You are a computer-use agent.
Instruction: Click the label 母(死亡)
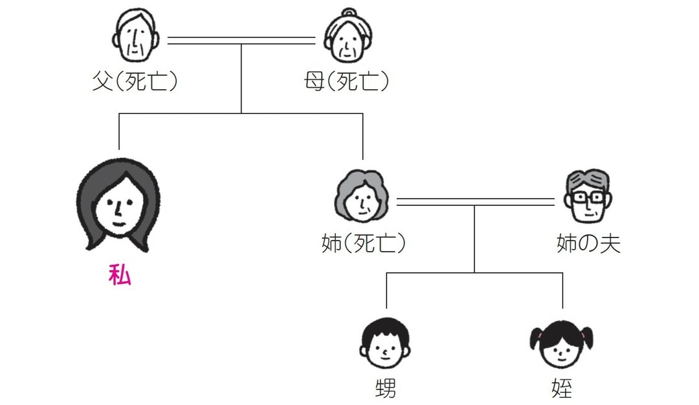click(346, 83)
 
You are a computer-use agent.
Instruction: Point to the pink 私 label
click(120, 276)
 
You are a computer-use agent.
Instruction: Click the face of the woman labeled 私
click(118, 206)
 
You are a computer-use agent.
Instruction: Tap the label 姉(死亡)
click(363, 244)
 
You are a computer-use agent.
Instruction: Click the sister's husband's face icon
click(587, 197)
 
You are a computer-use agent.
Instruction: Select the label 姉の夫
click(588, 244)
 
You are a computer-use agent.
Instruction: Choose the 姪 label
click(561, 389)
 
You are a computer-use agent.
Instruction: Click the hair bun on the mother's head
click(349, 14)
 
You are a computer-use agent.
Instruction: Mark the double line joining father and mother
click(241, 41)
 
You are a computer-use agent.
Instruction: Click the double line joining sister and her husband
click(476, 202)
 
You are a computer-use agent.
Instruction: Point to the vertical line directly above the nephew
click(386, 290)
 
